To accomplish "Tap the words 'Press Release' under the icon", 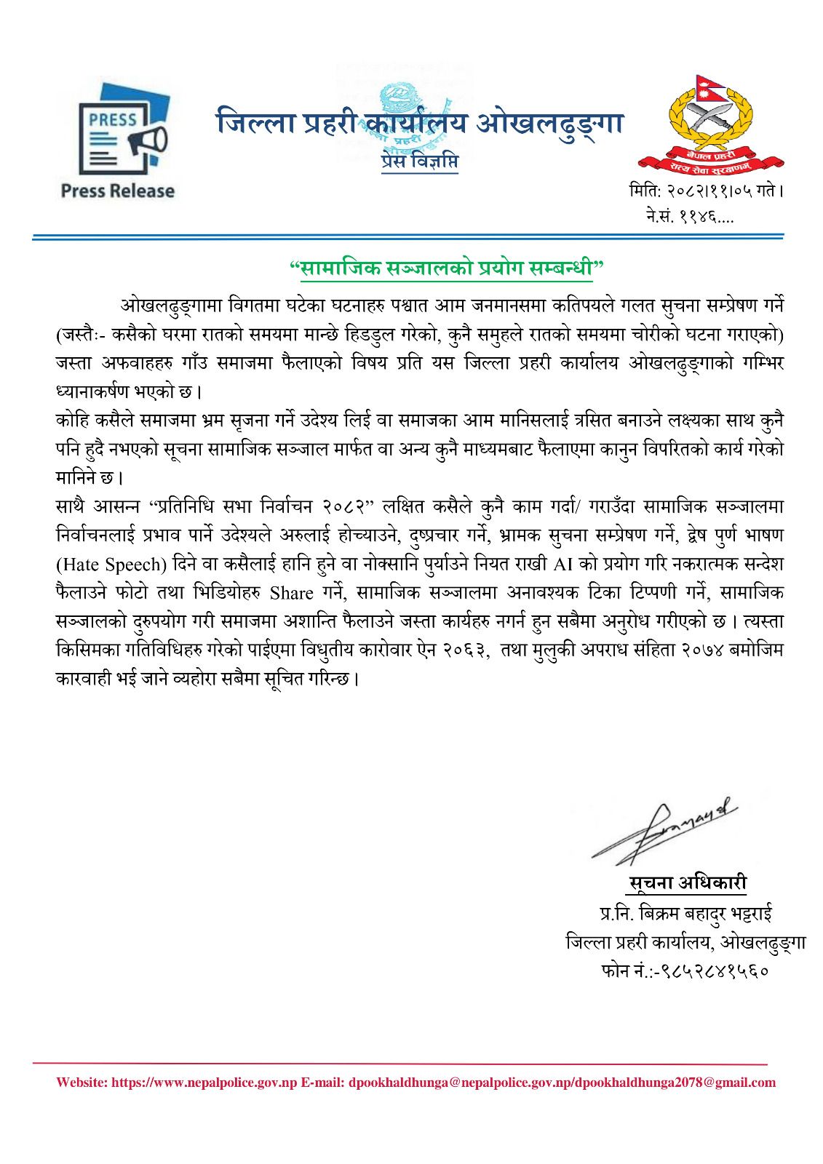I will coord(118,191).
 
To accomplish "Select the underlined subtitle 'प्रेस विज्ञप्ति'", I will coord(420,162).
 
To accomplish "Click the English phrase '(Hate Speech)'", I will coord(108,565).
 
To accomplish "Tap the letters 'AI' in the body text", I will coord(564,564).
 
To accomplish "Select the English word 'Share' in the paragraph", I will coord(291,593).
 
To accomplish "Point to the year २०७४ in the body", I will coord(707,650).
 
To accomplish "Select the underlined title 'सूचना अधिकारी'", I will coord(687,883).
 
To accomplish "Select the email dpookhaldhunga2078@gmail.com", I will coord(675,1083).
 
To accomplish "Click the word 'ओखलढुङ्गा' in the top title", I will coord(550,124).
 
